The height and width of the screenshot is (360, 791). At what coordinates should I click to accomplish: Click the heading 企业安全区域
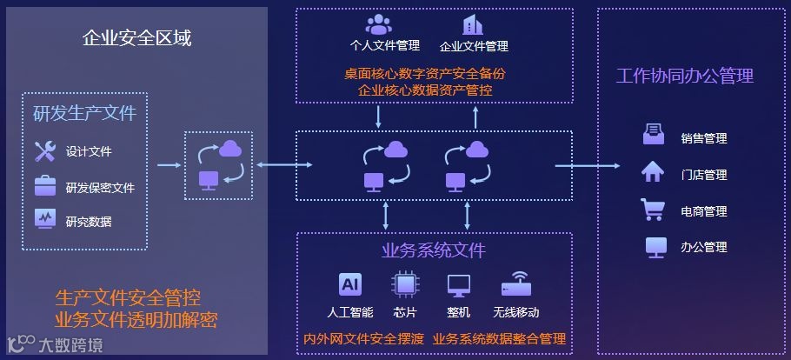(136, 38)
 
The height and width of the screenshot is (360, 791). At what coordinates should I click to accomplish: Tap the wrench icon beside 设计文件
(44, 151)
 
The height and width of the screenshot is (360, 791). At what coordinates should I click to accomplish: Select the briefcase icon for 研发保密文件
(44, 186)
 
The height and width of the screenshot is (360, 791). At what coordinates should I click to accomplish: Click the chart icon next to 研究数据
(44, 219)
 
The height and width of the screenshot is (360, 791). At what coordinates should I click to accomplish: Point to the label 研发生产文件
(84, 113)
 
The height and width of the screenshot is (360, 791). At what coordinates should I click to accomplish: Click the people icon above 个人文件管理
(378, 24)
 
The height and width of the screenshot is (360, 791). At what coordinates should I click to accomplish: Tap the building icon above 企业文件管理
(473, 24)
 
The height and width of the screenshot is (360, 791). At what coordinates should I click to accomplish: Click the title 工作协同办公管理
(684, 76)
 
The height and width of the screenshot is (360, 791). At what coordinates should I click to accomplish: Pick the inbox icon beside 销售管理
(654, 137)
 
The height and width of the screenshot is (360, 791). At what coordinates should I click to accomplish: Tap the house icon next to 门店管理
(653, 173)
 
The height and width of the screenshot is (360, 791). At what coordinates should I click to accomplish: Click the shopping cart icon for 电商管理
(653, 210)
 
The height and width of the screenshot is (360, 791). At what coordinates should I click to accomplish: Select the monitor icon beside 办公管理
(655, 247)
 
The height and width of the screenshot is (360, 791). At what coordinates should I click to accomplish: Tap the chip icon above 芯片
(404, 284)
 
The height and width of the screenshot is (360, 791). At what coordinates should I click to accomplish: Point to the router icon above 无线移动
(515, 285)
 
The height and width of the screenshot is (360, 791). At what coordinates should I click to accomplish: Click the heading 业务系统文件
(433, 251)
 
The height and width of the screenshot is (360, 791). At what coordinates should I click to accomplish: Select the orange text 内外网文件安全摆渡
(363, 338)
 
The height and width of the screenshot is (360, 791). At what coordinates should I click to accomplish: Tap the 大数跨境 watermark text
(71, 344)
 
